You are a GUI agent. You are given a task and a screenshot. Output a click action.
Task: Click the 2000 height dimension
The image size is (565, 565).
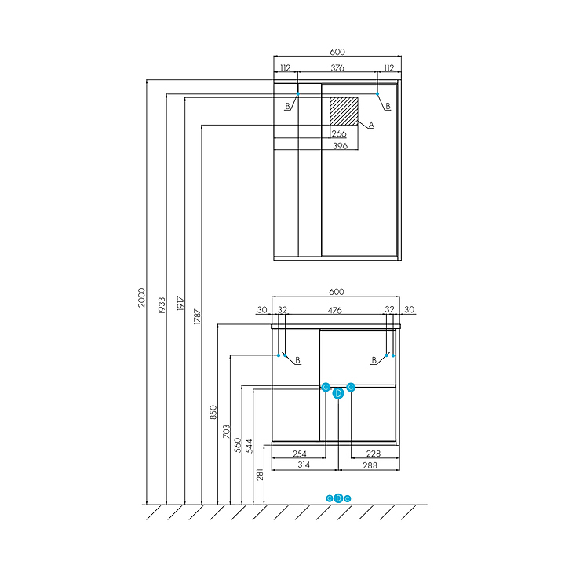142,297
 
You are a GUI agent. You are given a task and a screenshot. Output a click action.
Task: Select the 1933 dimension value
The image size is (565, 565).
161,304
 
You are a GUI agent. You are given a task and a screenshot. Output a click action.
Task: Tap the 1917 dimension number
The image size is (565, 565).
180,304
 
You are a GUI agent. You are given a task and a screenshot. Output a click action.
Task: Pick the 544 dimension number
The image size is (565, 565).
249,445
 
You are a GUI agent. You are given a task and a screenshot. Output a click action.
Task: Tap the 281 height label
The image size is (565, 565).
261,475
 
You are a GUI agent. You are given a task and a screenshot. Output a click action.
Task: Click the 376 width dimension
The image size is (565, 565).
337,68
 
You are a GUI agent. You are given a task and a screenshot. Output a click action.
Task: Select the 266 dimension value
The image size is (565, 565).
339,133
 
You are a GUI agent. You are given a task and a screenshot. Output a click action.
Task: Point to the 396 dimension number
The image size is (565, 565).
339,146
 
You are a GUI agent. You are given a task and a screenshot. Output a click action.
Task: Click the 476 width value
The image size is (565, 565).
335,310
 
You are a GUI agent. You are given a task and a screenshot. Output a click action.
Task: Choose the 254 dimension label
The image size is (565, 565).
298,454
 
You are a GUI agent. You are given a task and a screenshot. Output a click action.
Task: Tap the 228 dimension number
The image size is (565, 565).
374,454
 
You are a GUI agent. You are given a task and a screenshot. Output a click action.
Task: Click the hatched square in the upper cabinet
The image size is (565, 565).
343,111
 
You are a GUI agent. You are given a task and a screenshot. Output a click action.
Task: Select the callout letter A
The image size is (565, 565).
371,125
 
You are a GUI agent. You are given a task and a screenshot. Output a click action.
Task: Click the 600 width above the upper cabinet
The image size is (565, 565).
337,52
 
